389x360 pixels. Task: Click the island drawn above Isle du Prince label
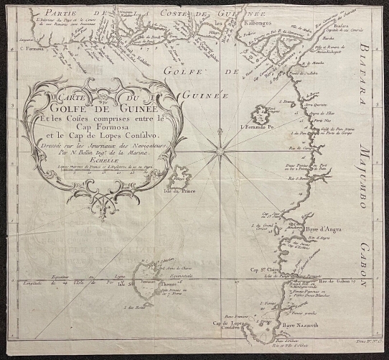(179, 176)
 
